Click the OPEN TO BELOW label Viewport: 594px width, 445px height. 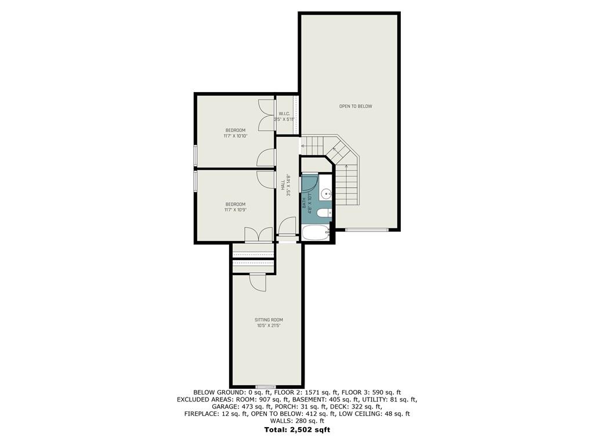tap(356, 107)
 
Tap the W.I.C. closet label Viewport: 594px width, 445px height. tap(284, 114)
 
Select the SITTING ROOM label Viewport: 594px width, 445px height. tap(269, 320)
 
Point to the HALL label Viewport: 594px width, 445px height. tap(283, 185)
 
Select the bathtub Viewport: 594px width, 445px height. tap(316, 232)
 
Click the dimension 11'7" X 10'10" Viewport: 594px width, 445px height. tap(236, 136)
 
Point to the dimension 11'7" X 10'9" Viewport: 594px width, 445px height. tap(236, 210)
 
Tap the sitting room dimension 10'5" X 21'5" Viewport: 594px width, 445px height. tap(269, 326)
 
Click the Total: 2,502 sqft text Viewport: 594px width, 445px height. tap(297, 430)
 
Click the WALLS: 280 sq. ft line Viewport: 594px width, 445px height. tap(297, 421)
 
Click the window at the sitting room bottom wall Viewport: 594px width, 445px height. tap(266, 386)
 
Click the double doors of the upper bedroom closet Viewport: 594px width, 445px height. tap(266, 115)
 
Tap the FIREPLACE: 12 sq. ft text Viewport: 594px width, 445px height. tap(216, 414)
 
